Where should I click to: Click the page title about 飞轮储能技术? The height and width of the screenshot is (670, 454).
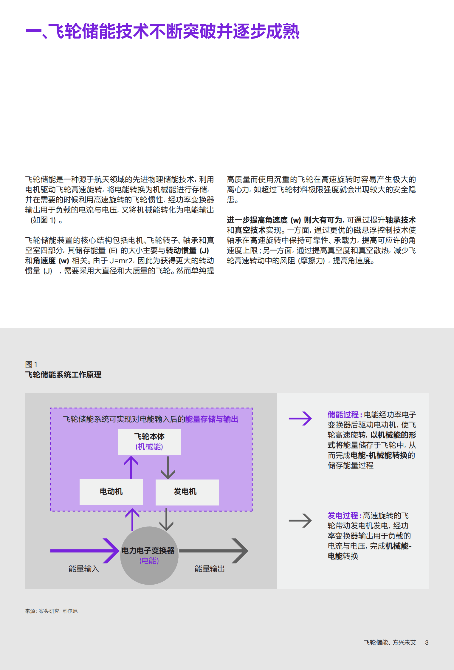(x=162, y=31)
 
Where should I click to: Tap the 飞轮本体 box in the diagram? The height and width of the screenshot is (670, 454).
(x=149, y=441)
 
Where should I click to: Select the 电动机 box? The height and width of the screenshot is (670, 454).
(x=111, y=492)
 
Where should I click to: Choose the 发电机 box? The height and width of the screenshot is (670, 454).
(x=187, y=492)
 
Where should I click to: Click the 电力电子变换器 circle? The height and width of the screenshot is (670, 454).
(x=149, y=555)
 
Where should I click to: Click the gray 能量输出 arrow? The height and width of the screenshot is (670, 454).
(x=213, y=551)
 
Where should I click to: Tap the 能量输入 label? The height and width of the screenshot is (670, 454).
(x=83, y=569)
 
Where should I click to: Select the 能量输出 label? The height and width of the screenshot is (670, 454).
(x=210, y=569)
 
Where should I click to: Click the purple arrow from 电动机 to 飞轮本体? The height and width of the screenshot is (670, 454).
(x=131, y=467)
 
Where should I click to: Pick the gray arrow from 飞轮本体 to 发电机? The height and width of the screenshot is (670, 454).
(x=168, y=467)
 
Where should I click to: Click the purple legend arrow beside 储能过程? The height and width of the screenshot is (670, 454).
(x=300, y=418)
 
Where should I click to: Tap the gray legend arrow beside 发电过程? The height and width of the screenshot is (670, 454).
(x=300, y=521)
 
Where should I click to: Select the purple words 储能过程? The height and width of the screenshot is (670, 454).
(x=343, y=415)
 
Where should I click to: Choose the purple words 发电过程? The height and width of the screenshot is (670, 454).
(x=343, y=516)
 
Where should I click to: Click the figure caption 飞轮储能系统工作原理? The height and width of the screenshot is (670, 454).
(x=63, y=375)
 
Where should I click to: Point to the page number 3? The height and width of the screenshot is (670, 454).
(x=427, y=643)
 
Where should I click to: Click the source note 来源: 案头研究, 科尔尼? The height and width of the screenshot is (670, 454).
(x=51, y=611)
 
